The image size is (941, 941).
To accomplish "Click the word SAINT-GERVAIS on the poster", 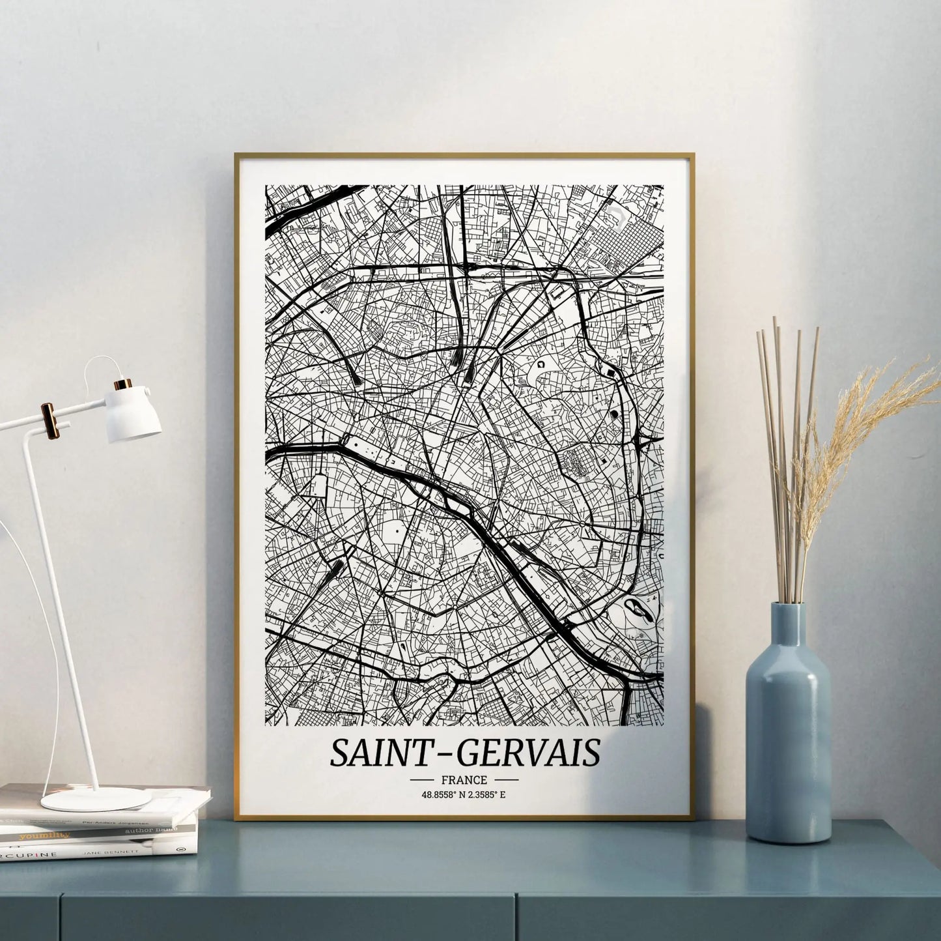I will tap(464, 753).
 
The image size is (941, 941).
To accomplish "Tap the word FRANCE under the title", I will tap(464, 779).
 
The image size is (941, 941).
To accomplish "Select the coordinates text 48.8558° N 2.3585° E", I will tap(464, 794).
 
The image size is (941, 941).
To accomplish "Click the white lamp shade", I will tap(134, 415).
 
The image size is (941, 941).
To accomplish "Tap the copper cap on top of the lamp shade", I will tap(123, 384).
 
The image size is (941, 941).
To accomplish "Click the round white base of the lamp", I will tap(96, 798).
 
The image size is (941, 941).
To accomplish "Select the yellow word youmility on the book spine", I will tap(44, 835).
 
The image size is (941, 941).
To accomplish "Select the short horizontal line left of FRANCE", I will tap(422, 779).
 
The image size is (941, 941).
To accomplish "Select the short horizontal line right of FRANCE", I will tap(506, 779).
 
